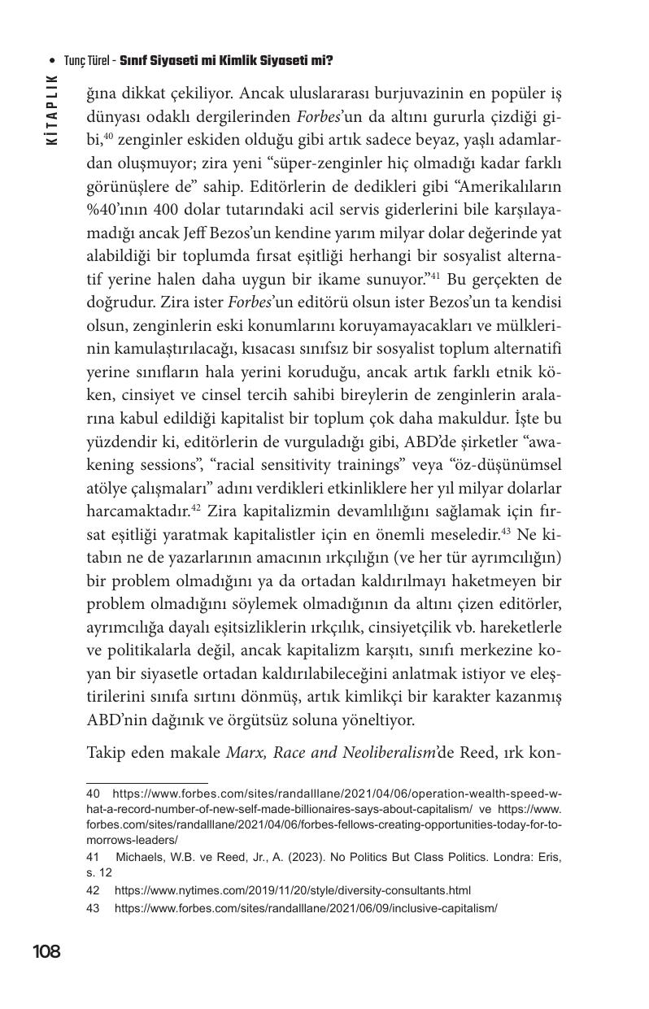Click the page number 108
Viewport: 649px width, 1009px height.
(x=46, y=951)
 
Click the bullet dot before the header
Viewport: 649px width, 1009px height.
(x=52, y=61)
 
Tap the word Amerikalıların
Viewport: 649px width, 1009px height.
(x=515, y=186)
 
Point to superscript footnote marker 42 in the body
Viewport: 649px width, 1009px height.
(x=195, y=507)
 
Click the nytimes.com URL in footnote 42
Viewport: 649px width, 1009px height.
(x=292, y=890)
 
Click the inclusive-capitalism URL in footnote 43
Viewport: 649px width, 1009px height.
(x=305, y=907)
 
